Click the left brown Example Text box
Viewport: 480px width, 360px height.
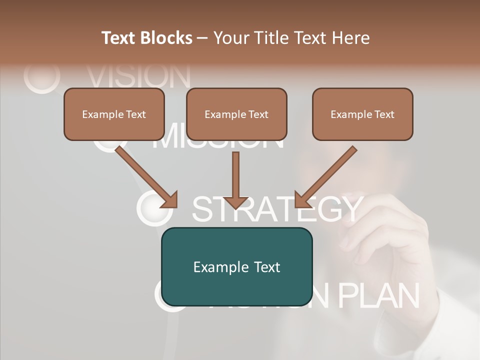point(114,114)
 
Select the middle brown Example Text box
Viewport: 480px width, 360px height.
point(236,114)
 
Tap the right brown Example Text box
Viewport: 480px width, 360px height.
point(362,114)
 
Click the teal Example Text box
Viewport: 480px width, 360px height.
point(236,267)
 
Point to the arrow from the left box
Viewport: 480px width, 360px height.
point(145,175)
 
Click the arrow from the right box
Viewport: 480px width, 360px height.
point(327,175)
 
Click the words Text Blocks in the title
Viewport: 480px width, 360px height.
point(147,38)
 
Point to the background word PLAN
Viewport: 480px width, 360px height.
point(378,295)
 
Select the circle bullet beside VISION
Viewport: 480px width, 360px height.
point(42,76)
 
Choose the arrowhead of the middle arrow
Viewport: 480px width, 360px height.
point(236,201)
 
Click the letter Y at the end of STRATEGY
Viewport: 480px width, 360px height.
point(347,209)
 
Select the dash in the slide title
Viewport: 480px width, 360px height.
point(202,38)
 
